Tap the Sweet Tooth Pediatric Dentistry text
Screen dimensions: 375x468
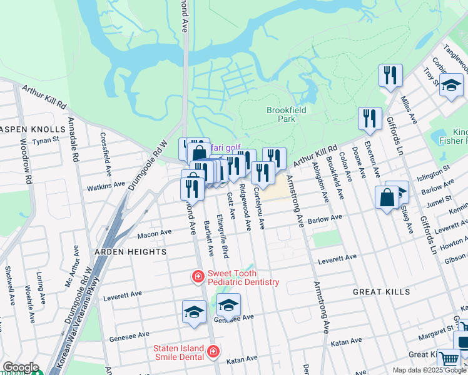tap(243, 277)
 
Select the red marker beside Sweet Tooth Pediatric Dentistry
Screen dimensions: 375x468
tap(198, 276)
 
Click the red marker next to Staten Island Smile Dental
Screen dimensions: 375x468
tap(214, 352)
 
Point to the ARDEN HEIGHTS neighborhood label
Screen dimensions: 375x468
tap(121, 252)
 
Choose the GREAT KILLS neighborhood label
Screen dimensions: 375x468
tap(381, 292)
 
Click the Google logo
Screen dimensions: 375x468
tap(20, 367)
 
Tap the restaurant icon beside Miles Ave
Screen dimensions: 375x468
tap(390, 75)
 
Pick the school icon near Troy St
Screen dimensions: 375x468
tap(450, 86)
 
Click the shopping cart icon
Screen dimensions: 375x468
tap(448, 359)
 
